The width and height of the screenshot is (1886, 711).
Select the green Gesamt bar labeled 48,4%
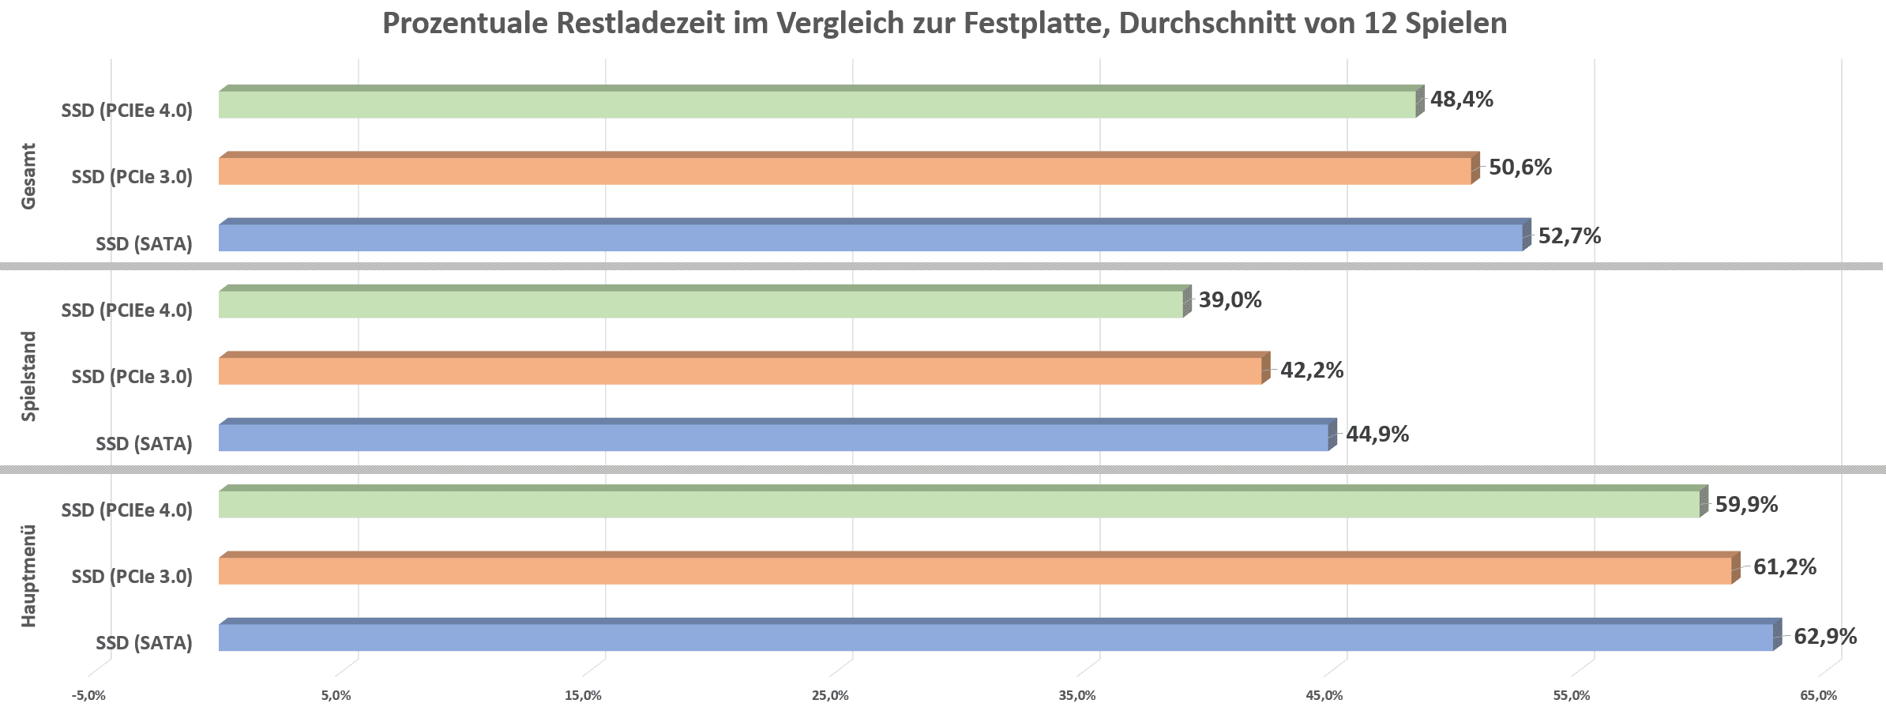817,104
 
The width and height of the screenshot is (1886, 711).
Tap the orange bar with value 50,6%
844,171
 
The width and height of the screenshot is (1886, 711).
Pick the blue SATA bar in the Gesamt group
870,238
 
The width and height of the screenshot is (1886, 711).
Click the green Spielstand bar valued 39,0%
701,304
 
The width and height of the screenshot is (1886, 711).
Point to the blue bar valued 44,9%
773,438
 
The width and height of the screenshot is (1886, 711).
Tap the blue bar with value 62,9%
995,638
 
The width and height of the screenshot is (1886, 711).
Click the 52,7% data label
1569,236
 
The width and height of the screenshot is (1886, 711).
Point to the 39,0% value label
1230,300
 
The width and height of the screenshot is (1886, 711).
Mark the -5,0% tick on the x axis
88,696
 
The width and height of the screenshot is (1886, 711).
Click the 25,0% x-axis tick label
830,696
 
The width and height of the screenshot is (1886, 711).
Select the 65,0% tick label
1818,696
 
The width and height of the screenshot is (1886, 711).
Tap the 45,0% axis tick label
1324,696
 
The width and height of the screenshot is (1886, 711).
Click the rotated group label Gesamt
28,176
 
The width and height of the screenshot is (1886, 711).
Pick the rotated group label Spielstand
28,376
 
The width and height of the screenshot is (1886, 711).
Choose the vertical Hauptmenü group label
28,576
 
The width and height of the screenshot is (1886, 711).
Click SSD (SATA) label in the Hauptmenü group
144,643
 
